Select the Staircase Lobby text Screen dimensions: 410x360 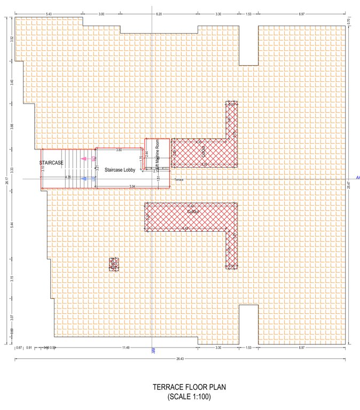[120, 170]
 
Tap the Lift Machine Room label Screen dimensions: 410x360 [157, 155]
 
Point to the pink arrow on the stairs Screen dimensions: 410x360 [84, 159]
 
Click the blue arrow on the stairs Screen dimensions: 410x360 [84, 179]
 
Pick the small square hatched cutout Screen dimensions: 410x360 [113, 264]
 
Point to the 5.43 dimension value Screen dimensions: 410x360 [49, 13]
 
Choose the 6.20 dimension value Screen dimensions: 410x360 [159, 13]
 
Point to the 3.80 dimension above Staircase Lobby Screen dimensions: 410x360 [119, 150]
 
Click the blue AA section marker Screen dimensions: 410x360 [357, 177]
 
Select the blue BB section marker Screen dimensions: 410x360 [153, 351]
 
